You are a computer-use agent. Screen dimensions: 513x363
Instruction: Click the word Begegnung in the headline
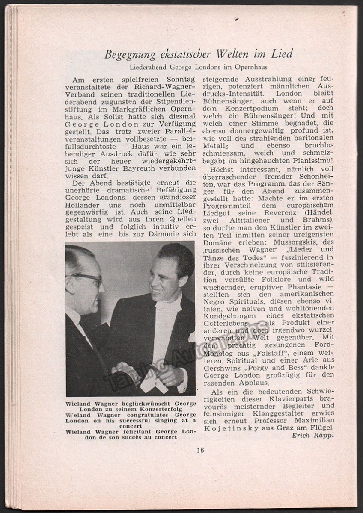pyautogui.click(x=126, y=55)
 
